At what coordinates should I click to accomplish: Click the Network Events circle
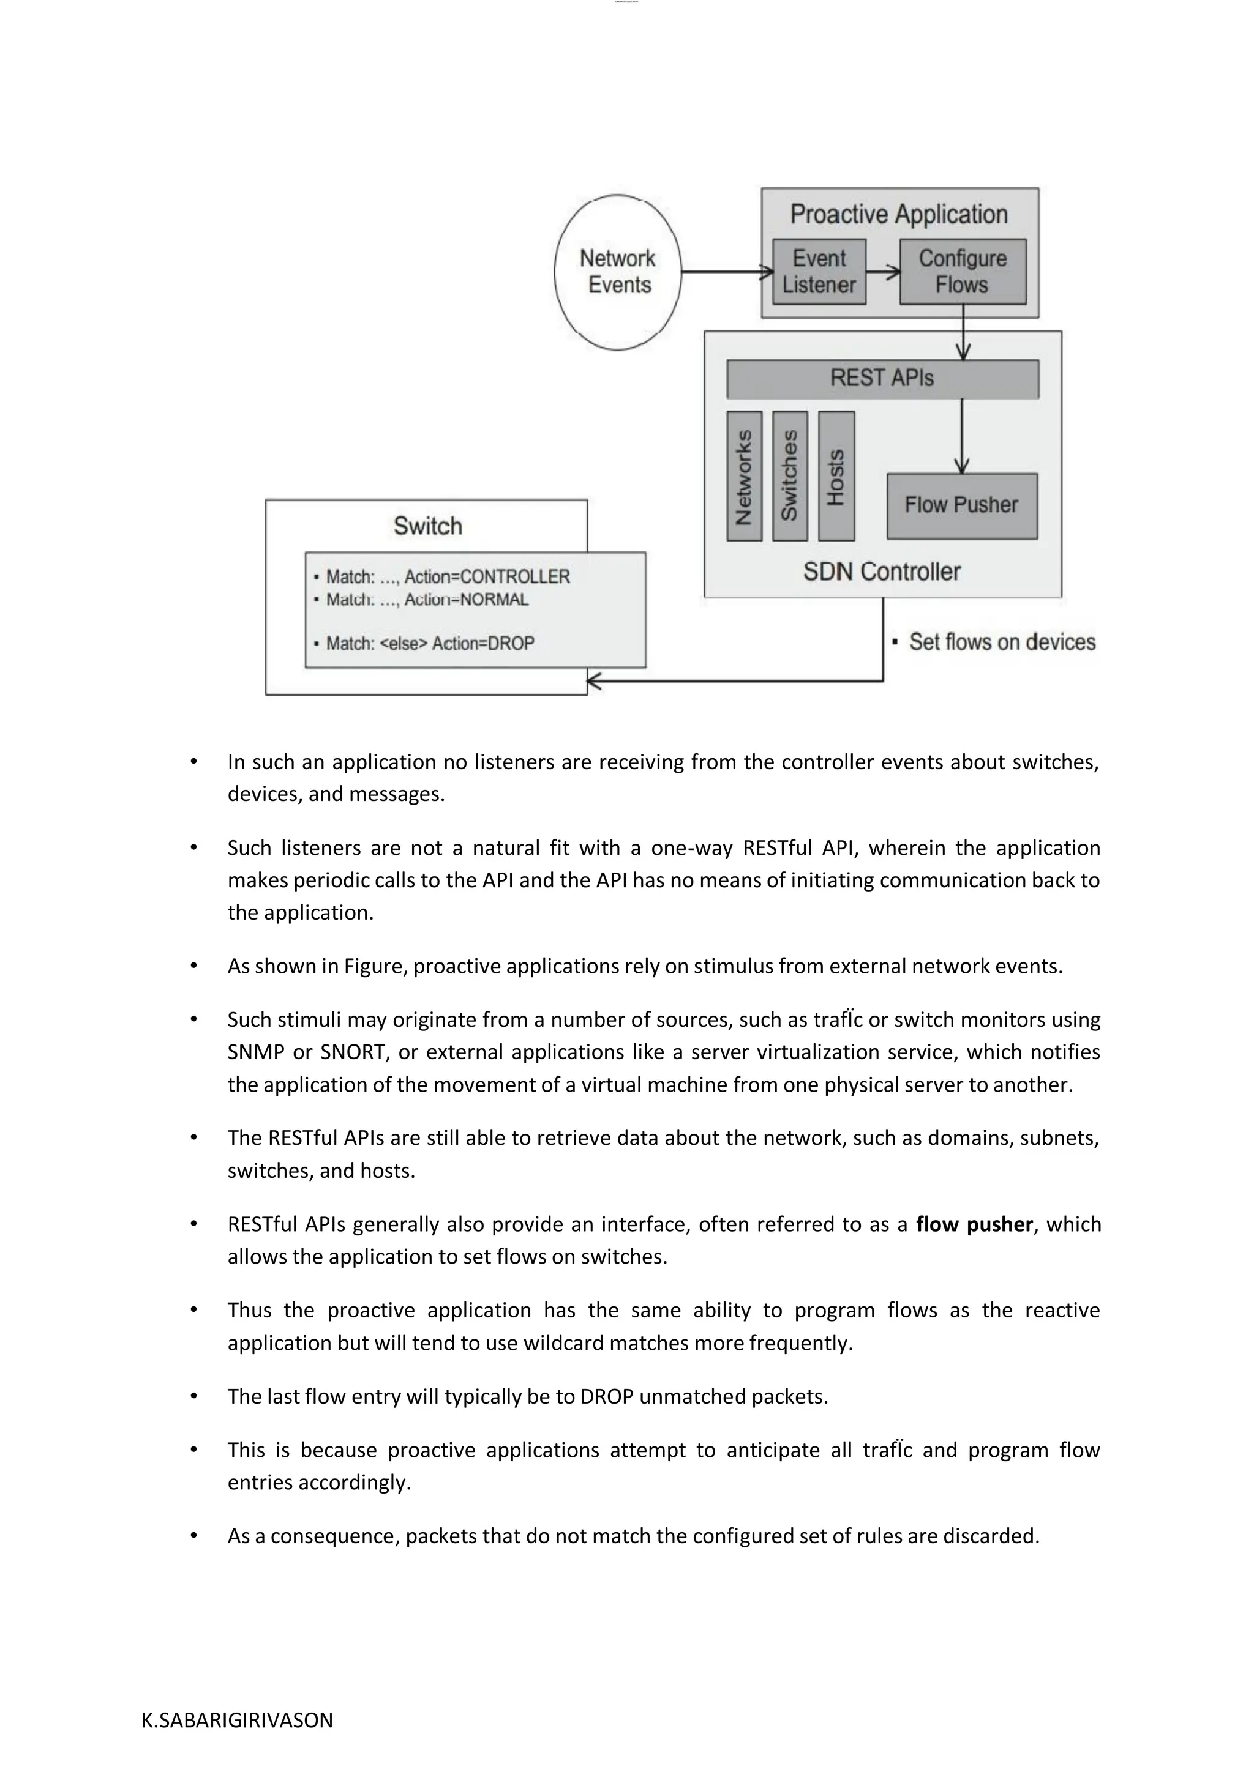pyautogui.click(x=617, y=272)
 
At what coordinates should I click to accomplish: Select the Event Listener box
pyautogui.click(x=819, y=272)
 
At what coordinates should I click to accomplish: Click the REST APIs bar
pyautogui.click(x=882, y=378)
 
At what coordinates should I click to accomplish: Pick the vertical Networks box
pyautogui.click(x=745, y=476)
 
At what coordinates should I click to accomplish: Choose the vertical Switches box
pyautogui.click(x=790, y=476)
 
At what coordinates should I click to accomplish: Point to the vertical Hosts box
pyautogui.click(x=836, y=476)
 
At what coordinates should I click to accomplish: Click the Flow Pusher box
pyautogui.click(x=961, y=505)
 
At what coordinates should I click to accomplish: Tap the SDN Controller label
pyautogui.click(x=882, y=572)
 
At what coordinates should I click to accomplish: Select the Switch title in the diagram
pyautogui.click(x=428, y=526)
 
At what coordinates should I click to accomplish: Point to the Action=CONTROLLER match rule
pyautogui.click(x=448, y=576)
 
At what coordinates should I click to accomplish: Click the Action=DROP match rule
pyautogui.click(x=430, y=644)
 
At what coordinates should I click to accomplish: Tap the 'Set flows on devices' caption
pyautogui.click(x=1002, y=642)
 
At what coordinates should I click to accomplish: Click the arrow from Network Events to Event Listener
pyautogui.click(x=726, y=272)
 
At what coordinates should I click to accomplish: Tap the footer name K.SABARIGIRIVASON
pyautogui.click(x=237, y=1720)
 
